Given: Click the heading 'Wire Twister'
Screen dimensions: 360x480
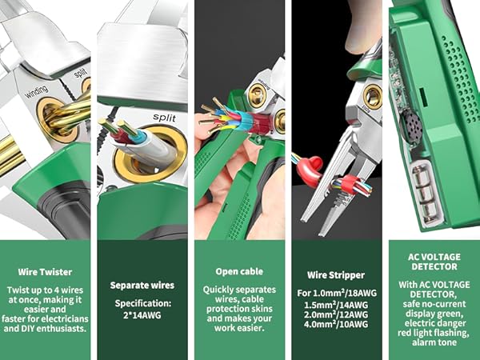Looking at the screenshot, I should click(x=47, y=272).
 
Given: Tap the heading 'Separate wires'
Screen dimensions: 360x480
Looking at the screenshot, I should click(x=144, y=285).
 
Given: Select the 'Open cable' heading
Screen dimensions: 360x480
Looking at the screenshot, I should click(x=241, y=272).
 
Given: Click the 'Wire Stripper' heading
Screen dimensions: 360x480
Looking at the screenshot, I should click(x=338, y=274).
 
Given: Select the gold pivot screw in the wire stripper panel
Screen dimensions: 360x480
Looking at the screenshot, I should click(x=372, y=98).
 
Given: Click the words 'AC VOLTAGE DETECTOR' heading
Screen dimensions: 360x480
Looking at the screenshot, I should click(x=433, y=262).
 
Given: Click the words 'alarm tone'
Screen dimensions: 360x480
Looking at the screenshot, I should click(x=433, y=337).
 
